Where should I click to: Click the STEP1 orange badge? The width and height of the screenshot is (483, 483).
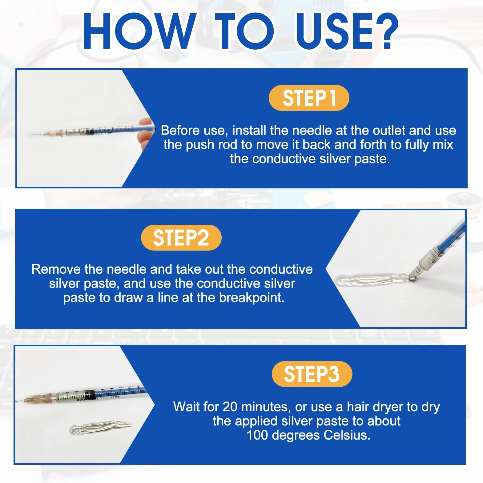point(309,98)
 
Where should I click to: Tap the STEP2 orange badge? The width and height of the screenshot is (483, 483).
point(181,238)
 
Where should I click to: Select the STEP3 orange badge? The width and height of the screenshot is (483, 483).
point(312,374)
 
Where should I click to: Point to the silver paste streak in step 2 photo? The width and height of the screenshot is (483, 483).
point(372,280)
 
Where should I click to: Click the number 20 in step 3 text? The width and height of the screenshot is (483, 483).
point(230,407)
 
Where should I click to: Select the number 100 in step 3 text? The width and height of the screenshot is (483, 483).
point(257,435)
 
